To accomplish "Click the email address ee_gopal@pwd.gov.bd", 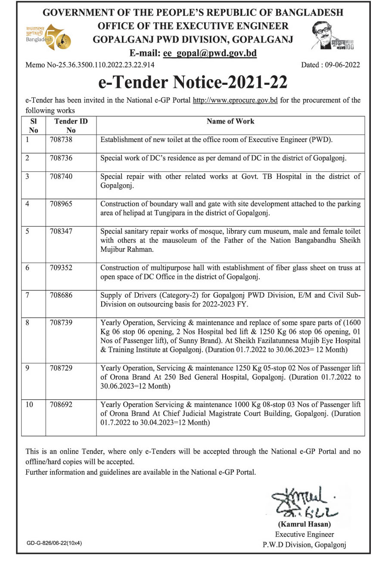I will coord(209,54).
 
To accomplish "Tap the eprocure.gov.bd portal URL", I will coord(235,101).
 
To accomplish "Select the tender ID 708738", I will coord(62,140).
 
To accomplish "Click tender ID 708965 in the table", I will coord(62,204).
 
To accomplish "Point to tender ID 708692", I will coord(62,405).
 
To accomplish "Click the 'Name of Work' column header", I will coord(230,121).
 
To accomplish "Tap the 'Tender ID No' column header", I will coord(71,126).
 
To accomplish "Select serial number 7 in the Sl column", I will coord(27,295).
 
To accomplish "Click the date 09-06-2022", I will coord(342,65).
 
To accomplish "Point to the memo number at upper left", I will coord(90,65).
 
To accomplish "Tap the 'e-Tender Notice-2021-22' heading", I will coord(193,82).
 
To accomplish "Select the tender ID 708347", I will coord(62,232).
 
